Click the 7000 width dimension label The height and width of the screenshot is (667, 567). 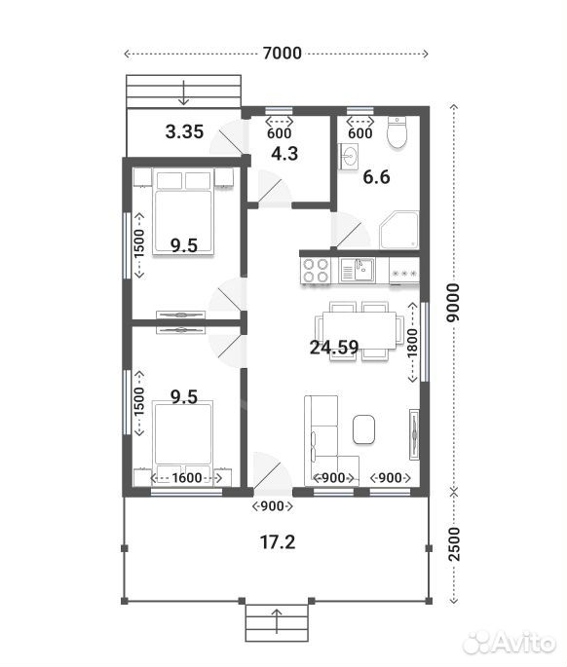click(283, 54)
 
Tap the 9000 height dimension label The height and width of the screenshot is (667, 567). click(454, 303)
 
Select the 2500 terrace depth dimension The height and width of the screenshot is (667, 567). click(455, 544)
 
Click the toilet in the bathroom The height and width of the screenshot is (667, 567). click(397, 132)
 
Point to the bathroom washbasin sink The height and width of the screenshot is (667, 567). click(349, 157)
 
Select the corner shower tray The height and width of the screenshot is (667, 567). click(399, 230)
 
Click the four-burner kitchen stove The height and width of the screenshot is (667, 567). click(316, 271)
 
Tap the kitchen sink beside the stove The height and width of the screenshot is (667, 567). click(358, 270)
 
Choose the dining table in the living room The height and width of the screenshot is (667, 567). click(359, 330)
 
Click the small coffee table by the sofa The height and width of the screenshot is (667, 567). click(363, 429)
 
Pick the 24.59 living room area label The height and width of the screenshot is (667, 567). click(334, 348)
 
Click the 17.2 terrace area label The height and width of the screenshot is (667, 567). click(278, 542)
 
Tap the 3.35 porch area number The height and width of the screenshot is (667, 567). click(184, 131)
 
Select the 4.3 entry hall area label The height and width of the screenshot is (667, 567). click(284, 154)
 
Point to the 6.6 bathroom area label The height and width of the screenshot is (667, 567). click(376, 176)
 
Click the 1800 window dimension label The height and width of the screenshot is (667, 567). click(412, 343)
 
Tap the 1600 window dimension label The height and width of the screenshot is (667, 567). click(187, 478)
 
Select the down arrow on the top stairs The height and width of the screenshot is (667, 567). click(183, 92)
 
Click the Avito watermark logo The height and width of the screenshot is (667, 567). click(510, 644)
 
